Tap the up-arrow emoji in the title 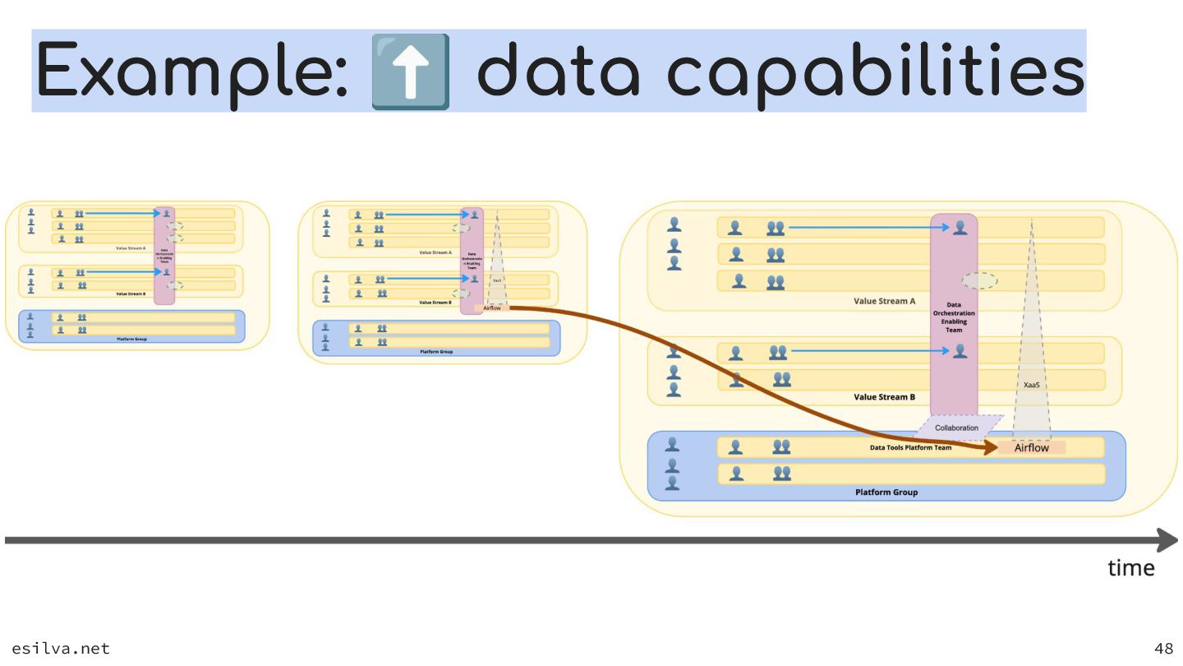click(x=410, y=72)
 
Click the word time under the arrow click(x=1130, y=568)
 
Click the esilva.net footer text click(x=61, y=649)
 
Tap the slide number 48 click(x=1163, y=649)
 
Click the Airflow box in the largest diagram click(x=1031, y=448)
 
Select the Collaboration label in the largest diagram click(x=957, y=428)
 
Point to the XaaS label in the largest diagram click(x=1032, y=385)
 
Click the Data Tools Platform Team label click(x=910, y=448)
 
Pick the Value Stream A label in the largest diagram click(x=884, y=301)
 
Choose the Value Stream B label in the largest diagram click(x=884, y=397)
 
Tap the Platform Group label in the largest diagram click(x=886, y=493)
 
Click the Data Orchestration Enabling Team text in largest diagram click(x=954, y=317)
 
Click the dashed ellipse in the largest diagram click(x=979, y=280)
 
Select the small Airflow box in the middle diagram click(x=491, y=308)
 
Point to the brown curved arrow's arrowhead click(x=991, y=449)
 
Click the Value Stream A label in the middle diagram click(x=435, y=252)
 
